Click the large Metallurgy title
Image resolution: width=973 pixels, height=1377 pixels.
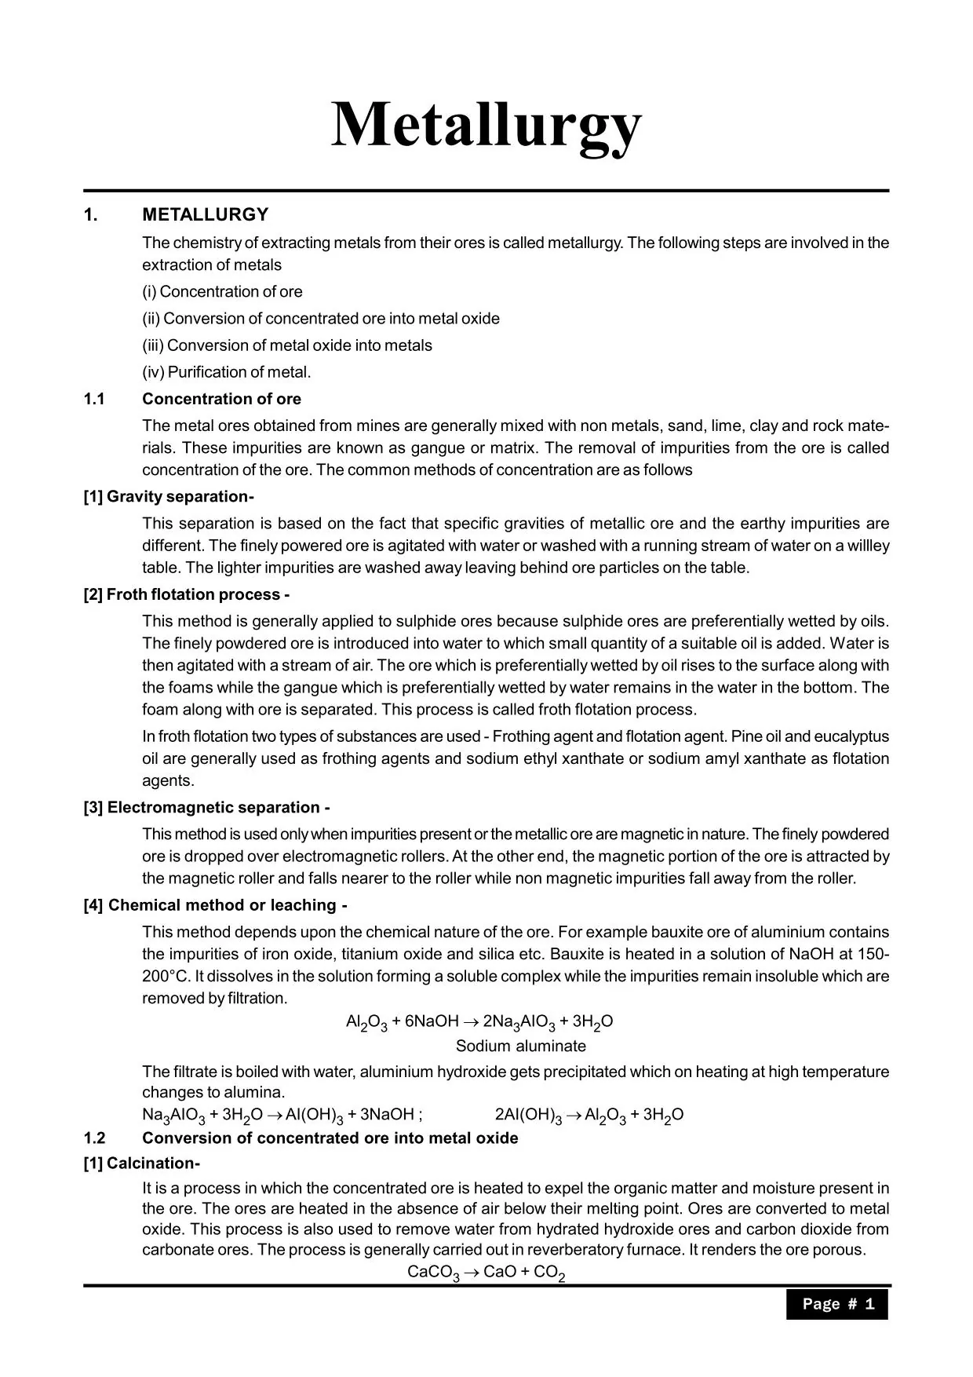pos(486,126)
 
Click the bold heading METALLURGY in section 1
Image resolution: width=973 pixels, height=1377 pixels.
pos(205,215)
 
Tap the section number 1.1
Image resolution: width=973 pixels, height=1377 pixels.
pos(94,399)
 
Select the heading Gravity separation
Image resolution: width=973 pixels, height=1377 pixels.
pos(169,497)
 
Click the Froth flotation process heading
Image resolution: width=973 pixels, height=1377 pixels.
pos(187,594)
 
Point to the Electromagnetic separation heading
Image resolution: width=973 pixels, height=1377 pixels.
pos(206,808)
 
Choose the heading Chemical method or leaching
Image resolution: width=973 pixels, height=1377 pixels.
pos(215,905)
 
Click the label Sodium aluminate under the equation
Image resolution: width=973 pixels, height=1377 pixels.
pos(520,1046)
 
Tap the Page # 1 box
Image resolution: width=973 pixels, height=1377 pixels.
pos(836,1304)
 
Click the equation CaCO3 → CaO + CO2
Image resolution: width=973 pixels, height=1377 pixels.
pos(486,1273)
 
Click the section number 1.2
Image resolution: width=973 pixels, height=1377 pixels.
pos(94,1138)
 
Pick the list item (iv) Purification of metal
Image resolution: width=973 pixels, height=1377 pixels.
pos(226,372)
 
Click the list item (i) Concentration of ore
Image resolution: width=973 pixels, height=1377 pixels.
pos(222,292)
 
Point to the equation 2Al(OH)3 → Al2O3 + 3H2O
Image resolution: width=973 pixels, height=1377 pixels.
pos(589,1116)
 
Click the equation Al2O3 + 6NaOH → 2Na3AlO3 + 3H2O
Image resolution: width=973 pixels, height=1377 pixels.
pos(479,1022)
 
